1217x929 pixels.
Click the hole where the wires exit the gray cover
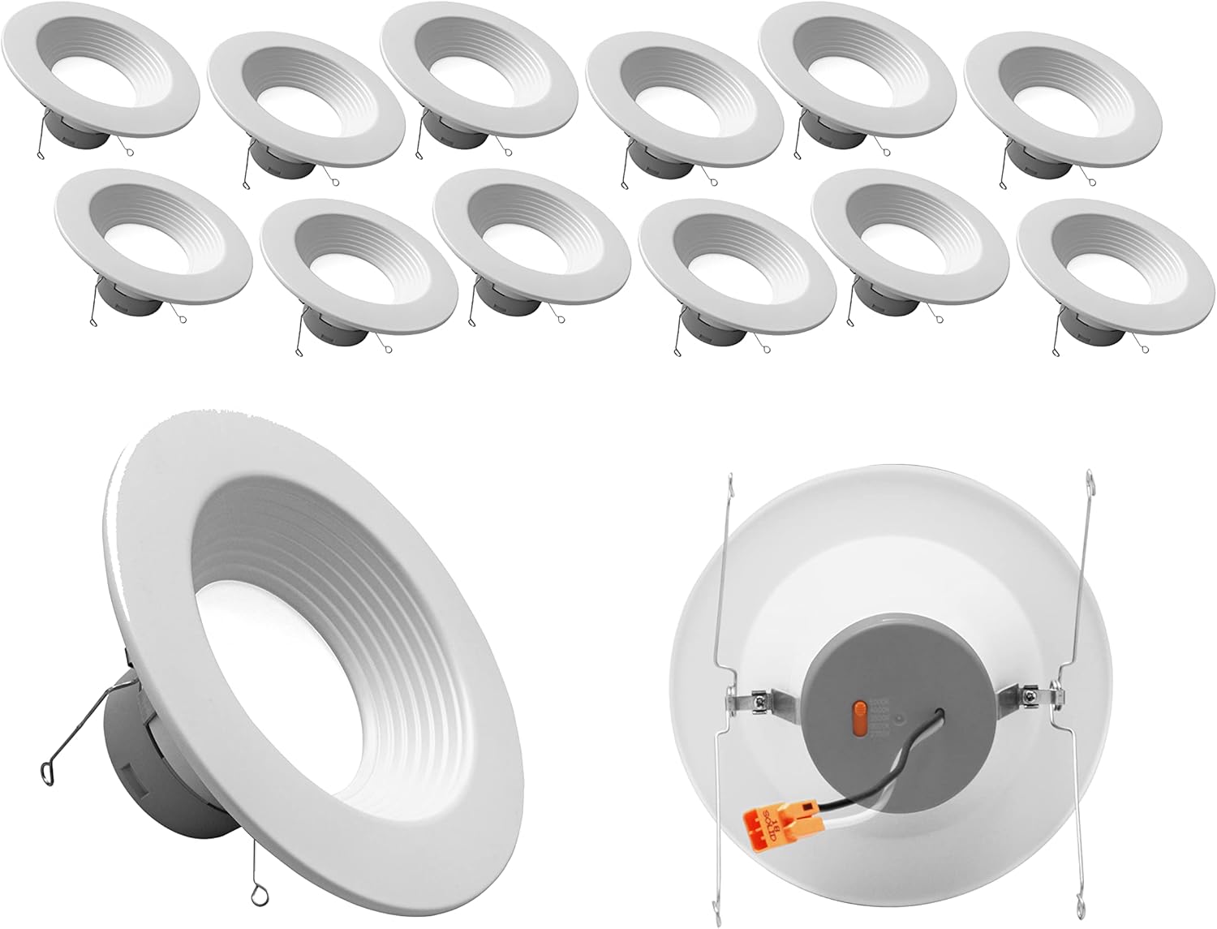coord(944,713)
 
